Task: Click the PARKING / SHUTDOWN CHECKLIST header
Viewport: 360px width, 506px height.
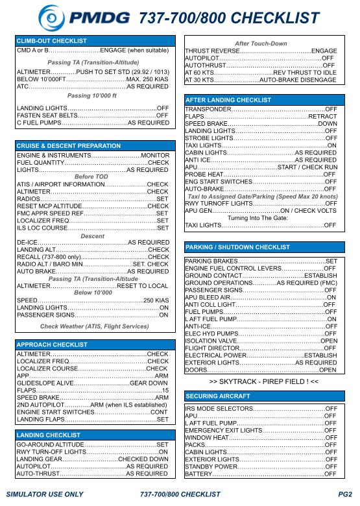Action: click(238, 247)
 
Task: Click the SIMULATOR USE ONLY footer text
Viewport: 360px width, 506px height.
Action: click(44, 494)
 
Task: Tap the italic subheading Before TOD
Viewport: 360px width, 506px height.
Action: click(92, 176)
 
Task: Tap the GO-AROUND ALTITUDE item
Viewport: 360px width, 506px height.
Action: click(48, 444)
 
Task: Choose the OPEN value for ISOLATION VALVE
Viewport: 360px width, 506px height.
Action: click(328, 341)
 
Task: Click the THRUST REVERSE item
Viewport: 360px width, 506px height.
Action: click(211, 51)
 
